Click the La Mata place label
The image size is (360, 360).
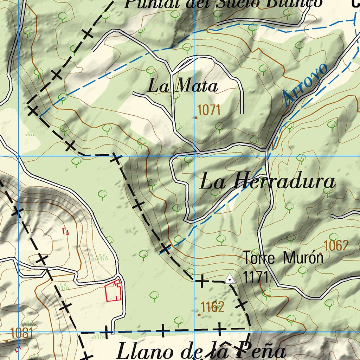click(x=182, y=86)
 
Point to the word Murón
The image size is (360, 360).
click(x=303, y=258)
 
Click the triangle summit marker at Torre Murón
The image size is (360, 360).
click(x=230, y=280)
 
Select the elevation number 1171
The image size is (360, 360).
click(x=256, y=277)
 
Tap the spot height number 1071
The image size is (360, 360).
click(x=209, y=110)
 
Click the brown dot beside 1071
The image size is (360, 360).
click(x=196, y=118)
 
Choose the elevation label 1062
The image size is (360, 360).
click(x=336, y=246)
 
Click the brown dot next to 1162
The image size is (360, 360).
click(x=199, y=315)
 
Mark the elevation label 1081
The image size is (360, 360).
click(x=22, y=333)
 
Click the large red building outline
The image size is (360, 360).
click(x=113, y=291)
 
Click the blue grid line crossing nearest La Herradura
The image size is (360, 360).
click(x=194, y=156)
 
